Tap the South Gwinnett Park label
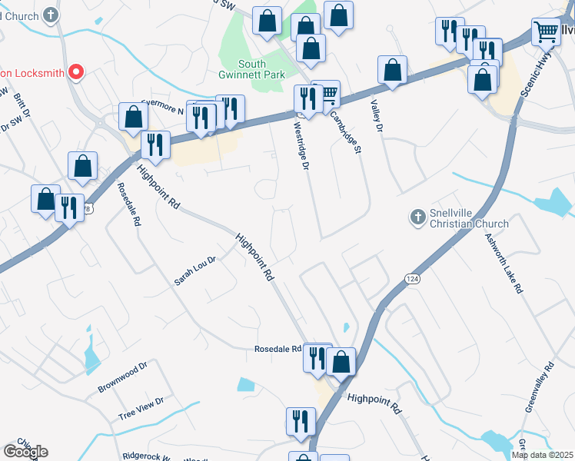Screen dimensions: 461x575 251,69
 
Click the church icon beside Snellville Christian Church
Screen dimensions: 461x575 418,218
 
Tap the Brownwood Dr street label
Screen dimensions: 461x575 121,379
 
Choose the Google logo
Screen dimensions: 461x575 25,452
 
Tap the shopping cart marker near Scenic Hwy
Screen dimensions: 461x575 546,33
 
